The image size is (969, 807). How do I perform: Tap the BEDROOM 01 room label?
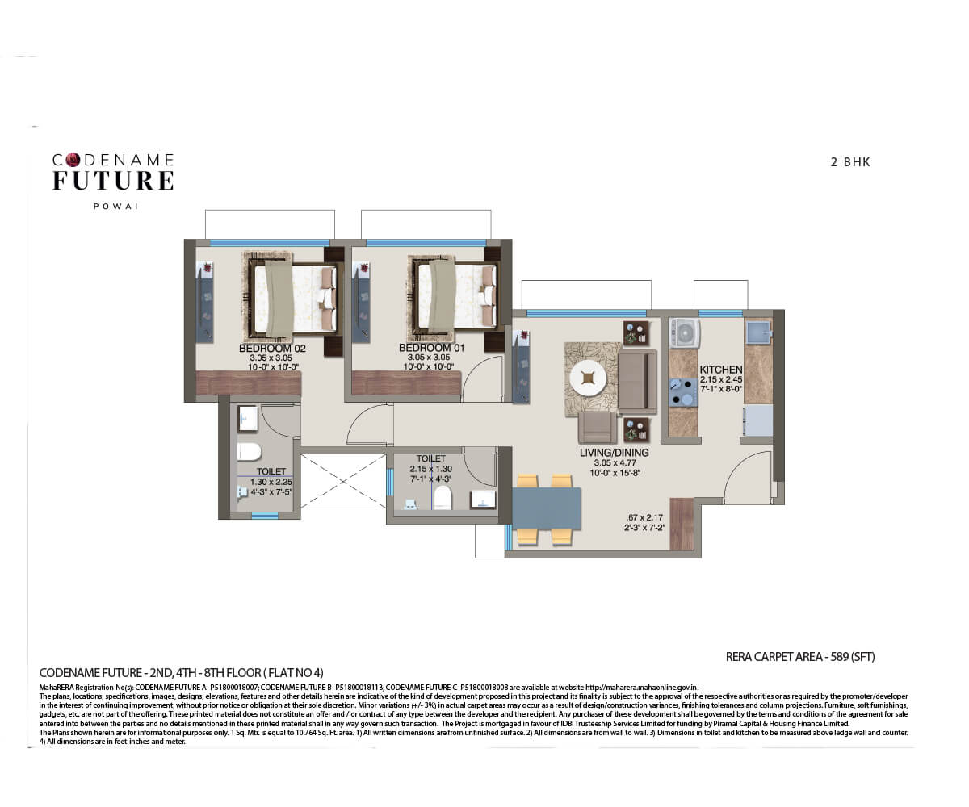(x=429, y=348)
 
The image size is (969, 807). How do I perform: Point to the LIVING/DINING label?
(x=614, y=453)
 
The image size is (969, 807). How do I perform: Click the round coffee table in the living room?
(x=589, y=378)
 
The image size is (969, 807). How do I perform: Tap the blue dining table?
(x=547, y=508)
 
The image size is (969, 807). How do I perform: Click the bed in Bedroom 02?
(x=292, y=296)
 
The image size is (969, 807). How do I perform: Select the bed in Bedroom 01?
(x=453, y=296)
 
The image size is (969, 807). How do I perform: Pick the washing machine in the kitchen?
(x=684, y=333)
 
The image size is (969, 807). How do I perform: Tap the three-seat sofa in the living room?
(x=638, y=380)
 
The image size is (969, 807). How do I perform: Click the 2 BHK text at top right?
(x=850, y=162)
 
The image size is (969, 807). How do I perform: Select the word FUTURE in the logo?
(x=113, y=181)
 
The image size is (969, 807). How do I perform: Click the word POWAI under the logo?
(x=116, y=207)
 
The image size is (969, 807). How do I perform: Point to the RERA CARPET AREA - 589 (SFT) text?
(x=799, y=657)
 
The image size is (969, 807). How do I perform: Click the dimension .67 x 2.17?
(x=644, y=517)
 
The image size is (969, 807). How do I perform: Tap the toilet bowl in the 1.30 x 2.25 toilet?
(x=249, y=452)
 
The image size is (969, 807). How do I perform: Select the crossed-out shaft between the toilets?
(x=342, y=482)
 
